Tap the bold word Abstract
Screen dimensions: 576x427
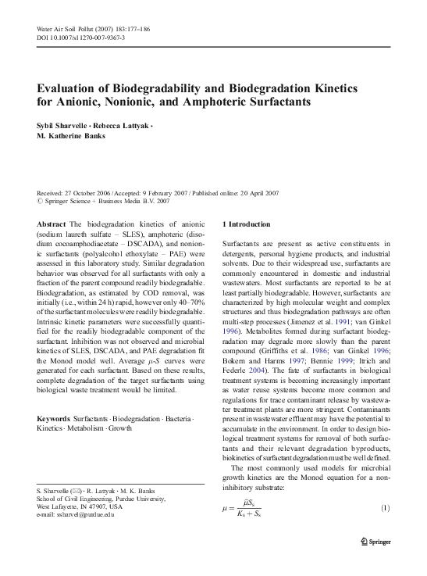click(52, 224)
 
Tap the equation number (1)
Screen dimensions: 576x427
click(385, 510)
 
